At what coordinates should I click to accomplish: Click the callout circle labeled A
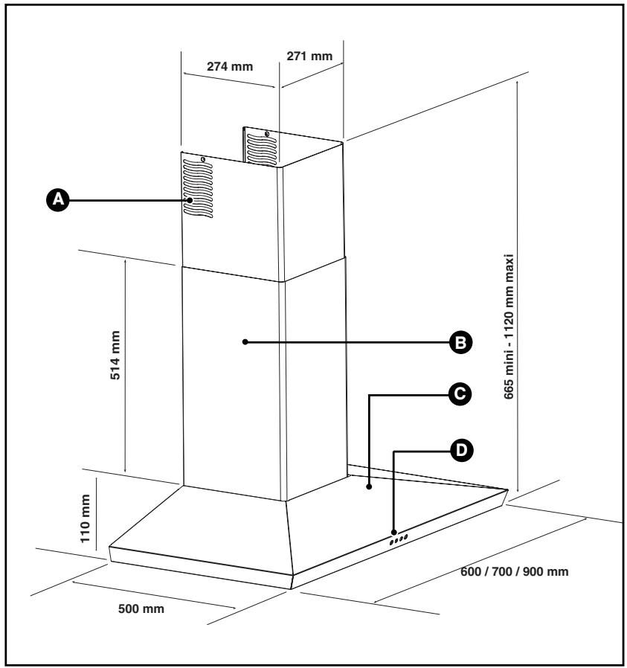pyautogui.click(x=58, y=199)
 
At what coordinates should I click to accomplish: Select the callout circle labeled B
pyautogui.click(x=461, y=342)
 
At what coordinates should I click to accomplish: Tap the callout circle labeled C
pyautogui.click(x=460, y=394)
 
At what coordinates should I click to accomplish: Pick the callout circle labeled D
pyautogui.click(x=461, y=450)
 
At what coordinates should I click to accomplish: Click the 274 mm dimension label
pyautogui.click(x=230, y=66)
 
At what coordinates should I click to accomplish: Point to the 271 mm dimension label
pyautogui.click(x=309, y=56)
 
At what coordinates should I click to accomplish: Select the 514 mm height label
pyautogui.click(x=115, y=355)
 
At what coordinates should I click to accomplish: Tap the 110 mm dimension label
pyautogui.click(x=86, y=518)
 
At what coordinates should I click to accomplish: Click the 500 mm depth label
pyautogui.click(x=141, y=608)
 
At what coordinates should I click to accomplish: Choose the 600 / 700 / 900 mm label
pyautogui.click(x=515, y=571)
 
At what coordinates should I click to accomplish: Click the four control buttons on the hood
pyautogui.click(x=398, y=539)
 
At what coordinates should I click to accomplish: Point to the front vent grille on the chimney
pyautogui.click(x=198, y=189)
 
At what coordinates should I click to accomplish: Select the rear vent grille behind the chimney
pyautogui.click(x=261, y=149)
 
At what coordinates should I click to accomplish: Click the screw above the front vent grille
pyautogui.click(x=203, y=160)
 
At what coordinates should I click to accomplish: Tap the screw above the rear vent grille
pyautogui.click(x=267, y=134)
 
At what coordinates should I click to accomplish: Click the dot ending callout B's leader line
pyautogui.click(x=245, y=341)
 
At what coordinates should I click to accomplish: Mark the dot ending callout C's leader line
pyautogui.click(x=369, y=486)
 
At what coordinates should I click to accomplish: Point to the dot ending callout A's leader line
pyautogui.click(x=190, y=199)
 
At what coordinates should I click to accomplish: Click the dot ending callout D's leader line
pyautogui.click(x=394, y=532)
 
